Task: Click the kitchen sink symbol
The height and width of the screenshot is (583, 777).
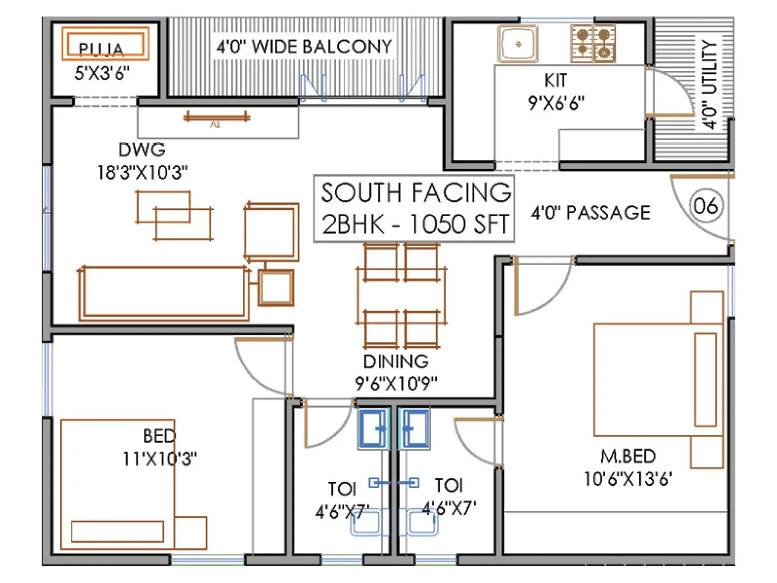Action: pyautogui.click(x=518, y=44)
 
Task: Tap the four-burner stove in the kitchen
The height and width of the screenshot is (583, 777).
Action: pyautogui.click(x=593, y=44)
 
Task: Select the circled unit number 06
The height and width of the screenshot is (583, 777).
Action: pyautogui.click(x=706, y=206)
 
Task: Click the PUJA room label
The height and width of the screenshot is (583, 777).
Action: pyautogui.click(x=101, y=49)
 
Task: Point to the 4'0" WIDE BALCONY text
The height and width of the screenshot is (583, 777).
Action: pyautogui.click(x=304, y=47)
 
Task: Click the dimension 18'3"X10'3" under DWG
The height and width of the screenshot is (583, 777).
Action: pyautogui.click(x=143, y=172)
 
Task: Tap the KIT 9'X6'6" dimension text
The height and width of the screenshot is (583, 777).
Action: pyautogui.click(x=556, y=103)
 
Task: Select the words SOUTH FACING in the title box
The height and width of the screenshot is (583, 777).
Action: pyautogui.click(x=416, y=192)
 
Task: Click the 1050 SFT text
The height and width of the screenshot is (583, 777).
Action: pyautogui.click(x=458, y=224)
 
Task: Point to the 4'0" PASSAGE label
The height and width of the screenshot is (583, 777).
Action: pyautogui.click(x=591, y=212)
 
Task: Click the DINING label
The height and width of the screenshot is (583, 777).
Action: pyautogui.click(x=396, y=361)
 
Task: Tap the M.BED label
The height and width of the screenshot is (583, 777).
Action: pyautogui.click(x=628, y=456)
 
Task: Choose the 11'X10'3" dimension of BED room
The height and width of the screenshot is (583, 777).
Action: pyautogui.click(x=160, y=458)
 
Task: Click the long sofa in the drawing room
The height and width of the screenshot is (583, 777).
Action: pyautogui.click(x=164, y=293)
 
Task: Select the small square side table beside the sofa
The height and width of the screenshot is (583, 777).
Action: pyautogui.click(x=276, y=288)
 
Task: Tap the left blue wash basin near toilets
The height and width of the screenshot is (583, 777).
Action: pyautogui.click(x=374, y=428)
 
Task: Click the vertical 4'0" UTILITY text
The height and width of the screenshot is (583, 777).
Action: pyautogui.click(x=709, y=85)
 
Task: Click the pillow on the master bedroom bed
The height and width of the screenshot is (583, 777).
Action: pyautogui.click(x=706, y=380)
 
